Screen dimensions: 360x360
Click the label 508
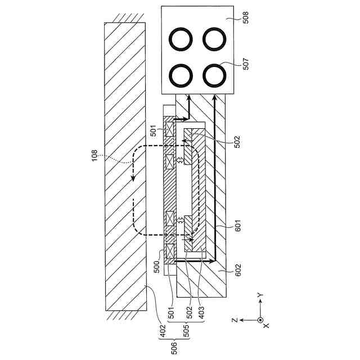(246, 17)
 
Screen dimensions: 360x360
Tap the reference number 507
(246, 64)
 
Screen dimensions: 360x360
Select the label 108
(94, 155)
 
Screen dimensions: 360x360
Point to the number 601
(238, 226)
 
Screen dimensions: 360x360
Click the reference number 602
(238, 270)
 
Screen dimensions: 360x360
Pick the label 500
(157, 267)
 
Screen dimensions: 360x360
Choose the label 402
(163, 331)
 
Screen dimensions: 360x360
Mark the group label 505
(187, 331)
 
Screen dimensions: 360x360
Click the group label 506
(174, 349)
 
